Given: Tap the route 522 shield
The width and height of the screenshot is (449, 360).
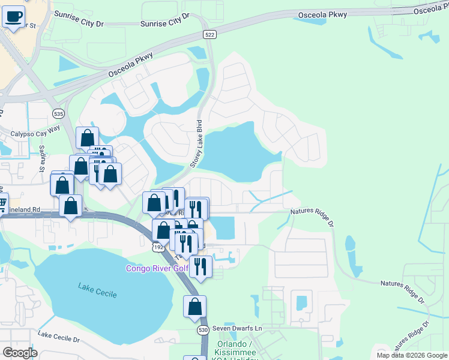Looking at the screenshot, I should click(209, 35).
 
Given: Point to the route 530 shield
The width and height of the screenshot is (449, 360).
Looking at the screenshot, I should click(203, 330).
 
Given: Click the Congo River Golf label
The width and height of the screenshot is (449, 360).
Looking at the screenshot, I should click(157, 268).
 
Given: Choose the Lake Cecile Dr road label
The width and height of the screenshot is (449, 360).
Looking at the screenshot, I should click(58, 337).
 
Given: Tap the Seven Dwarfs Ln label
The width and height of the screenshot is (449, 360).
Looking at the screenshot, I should click(238, 329).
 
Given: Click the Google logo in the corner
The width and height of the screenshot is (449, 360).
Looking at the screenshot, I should click(20, 352).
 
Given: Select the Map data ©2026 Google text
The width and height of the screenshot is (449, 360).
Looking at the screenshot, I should click(411, 355).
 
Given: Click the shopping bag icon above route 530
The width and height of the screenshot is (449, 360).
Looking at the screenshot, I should click(195, 307).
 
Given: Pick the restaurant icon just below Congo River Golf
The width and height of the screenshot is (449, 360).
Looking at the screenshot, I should click(200, 266).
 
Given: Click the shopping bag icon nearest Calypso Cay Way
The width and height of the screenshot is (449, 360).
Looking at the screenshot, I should click(88, 138).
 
